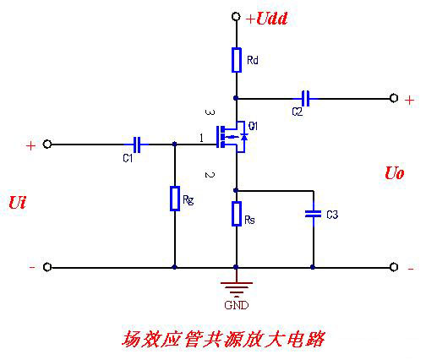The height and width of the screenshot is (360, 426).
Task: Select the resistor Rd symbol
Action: coord(237,59)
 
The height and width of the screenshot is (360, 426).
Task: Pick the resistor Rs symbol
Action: coord(237,214)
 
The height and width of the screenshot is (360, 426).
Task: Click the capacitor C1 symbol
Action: coord(134,145)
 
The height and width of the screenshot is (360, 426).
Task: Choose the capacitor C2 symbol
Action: coord(306,98)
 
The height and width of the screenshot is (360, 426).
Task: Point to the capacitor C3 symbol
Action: coord(313,215)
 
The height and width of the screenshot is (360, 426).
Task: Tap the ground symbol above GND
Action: coord(237,285)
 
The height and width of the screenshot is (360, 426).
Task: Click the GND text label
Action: coord(237,303)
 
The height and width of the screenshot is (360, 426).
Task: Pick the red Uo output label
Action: coord(394,173)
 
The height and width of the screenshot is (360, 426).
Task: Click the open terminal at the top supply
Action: coord(237,18)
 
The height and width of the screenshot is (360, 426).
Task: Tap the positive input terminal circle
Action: coord(47,145)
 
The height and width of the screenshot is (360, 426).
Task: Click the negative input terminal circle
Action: coord(47,267)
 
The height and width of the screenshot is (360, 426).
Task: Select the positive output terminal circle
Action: coord(394,98)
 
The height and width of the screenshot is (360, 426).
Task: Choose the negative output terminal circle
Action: coord(394,267)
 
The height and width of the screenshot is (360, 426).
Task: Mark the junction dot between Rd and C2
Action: coord(237,98)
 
